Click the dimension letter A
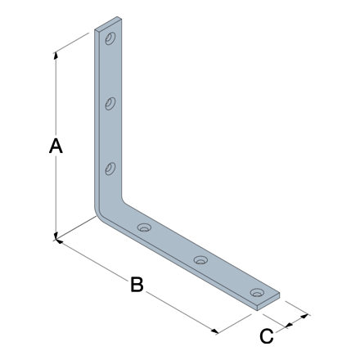coord(56,146)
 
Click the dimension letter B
coord(137,285)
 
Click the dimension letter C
coord(267,336)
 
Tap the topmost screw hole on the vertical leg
coord(110,38)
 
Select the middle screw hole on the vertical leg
coord(110,104)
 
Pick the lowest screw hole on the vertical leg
coord(110,169)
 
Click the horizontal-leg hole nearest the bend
coord(144,227)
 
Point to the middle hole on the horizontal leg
coord(200,260)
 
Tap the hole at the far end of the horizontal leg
coord(258,293)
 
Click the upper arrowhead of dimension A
coord(56,55)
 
